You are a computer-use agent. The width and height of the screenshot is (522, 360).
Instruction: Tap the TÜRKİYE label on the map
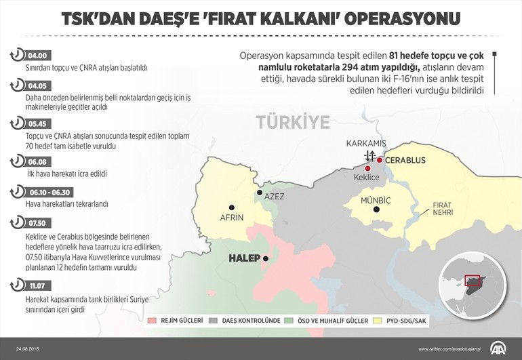point(293,122)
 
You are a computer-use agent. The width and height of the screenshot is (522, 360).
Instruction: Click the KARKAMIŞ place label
point(365,145)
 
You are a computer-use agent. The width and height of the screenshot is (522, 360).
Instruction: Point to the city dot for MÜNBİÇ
point(377,209)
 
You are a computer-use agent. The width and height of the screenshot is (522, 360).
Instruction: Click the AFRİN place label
point(232,218)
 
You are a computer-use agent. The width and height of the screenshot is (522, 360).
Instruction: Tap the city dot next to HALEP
point(266,258)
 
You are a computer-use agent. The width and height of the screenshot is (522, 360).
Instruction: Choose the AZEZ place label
point(274,196)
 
